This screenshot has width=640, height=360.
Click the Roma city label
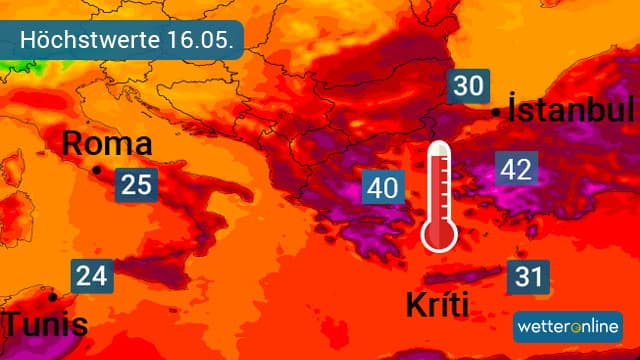pos(107,144)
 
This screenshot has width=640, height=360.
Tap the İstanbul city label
pos(571,110)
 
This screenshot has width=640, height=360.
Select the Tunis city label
pos(45,325)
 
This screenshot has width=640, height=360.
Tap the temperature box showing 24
pos(90,275)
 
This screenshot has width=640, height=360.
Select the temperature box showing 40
pos(384,187)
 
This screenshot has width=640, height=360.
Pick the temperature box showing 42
pos(516,169)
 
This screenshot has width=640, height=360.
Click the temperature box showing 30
pos(466,86)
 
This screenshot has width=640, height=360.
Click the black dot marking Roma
pos(97,171)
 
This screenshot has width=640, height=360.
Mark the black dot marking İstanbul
pos(497,112)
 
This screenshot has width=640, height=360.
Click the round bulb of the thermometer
pos(439,234)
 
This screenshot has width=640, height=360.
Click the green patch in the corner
pos(12,70)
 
